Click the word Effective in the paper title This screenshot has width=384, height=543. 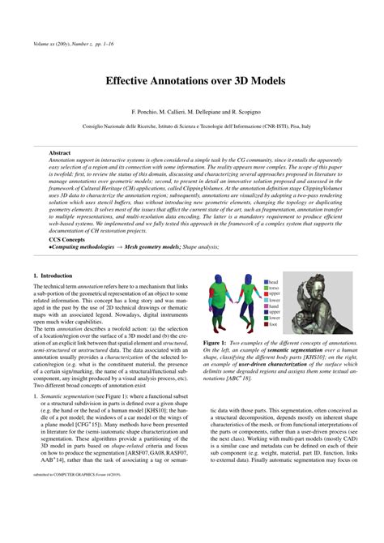point(128,81)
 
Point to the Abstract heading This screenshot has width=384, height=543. point(60,152)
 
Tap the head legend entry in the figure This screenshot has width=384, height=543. point(273,282)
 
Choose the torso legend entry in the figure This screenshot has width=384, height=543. point(274,289)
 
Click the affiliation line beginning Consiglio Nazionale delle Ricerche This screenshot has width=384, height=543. point(191,127)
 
